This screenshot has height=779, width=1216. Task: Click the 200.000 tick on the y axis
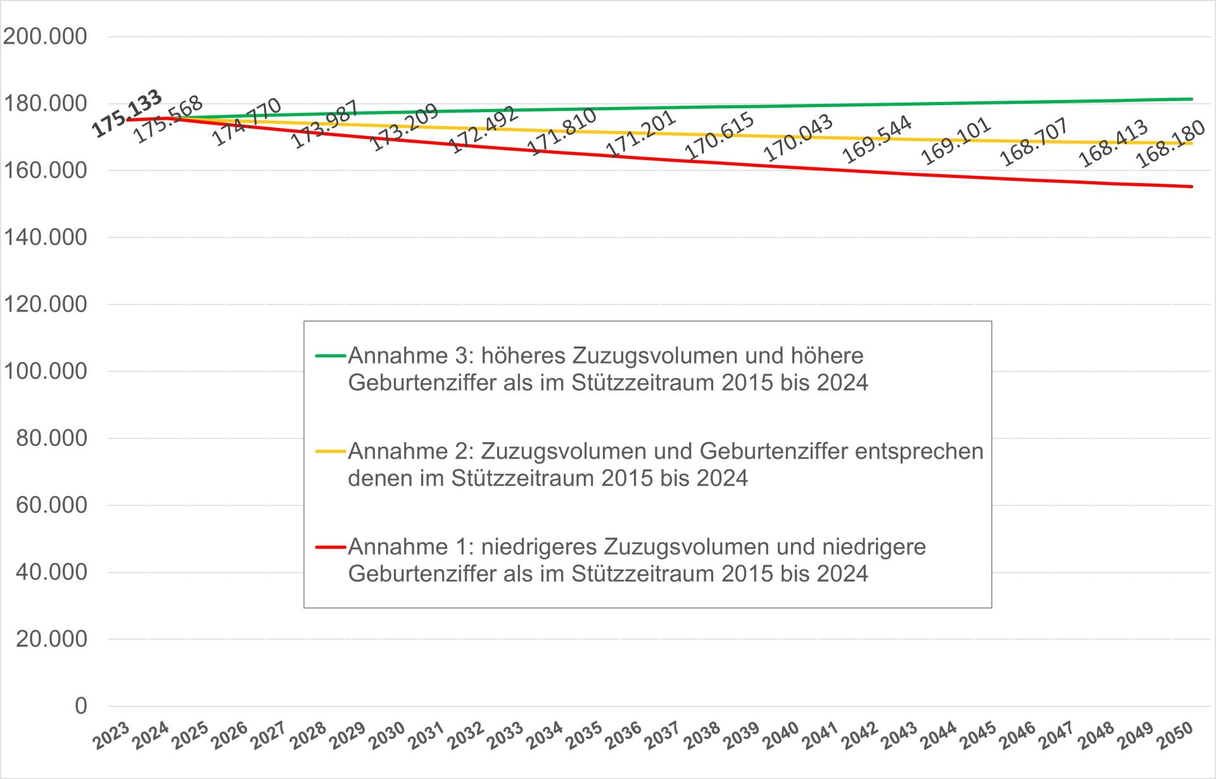click(x=45, y=37)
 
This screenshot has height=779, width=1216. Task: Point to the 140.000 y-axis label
click(x=45, y=237)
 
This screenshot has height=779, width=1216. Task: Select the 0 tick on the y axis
click(x=80, y=706)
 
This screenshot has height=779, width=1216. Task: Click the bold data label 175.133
click(x=127, y=113)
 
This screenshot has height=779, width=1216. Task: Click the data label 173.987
click(x=325, y=124)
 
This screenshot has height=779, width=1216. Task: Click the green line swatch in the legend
click(x=331, y=356)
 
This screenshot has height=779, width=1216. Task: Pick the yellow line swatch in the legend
click(x=331, y=452)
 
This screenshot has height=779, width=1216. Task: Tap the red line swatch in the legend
click(x=331, y=547)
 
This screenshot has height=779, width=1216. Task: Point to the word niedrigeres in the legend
click(x=538, y=547)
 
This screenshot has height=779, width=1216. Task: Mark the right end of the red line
click(x=1192, y=186)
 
